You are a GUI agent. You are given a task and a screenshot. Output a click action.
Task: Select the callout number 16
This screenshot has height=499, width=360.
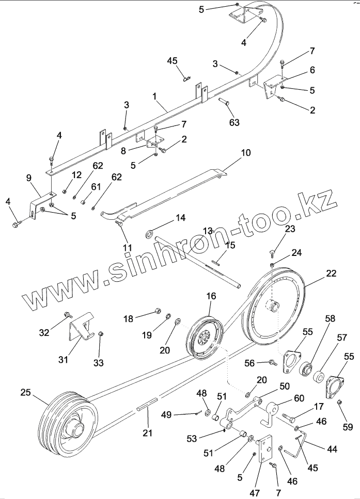point(211,297)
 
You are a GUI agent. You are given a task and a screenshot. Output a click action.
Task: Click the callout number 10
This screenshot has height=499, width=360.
point(245,153)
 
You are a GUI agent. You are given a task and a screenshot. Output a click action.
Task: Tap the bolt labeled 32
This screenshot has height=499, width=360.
point(67,315)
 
